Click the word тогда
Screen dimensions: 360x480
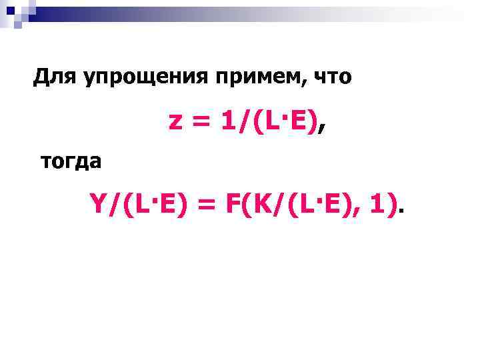tap(71, 161)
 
